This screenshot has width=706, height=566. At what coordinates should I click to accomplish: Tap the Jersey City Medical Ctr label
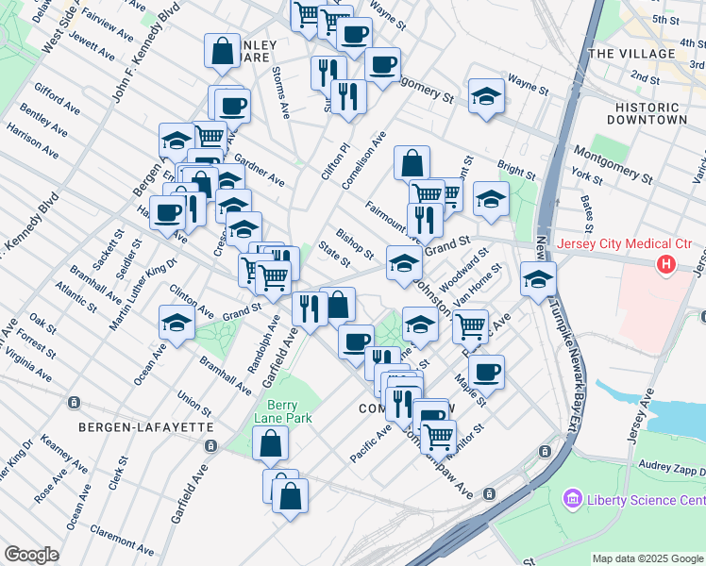625,245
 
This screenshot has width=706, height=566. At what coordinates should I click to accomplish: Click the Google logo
31,555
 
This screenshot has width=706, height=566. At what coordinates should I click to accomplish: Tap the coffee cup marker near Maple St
486,370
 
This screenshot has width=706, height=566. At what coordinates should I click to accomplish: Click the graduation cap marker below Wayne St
486,95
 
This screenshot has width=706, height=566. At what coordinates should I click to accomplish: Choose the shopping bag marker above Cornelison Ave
412,162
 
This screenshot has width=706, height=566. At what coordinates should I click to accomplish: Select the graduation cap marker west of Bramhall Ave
176,322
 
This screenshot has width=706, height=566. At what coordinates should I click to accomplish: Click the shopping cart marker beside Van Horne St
470,326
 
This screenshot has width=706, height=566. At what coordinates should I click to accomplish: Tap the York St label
587,176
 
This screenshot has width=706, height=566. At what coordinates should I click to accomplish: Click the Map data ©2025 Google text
647,558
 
